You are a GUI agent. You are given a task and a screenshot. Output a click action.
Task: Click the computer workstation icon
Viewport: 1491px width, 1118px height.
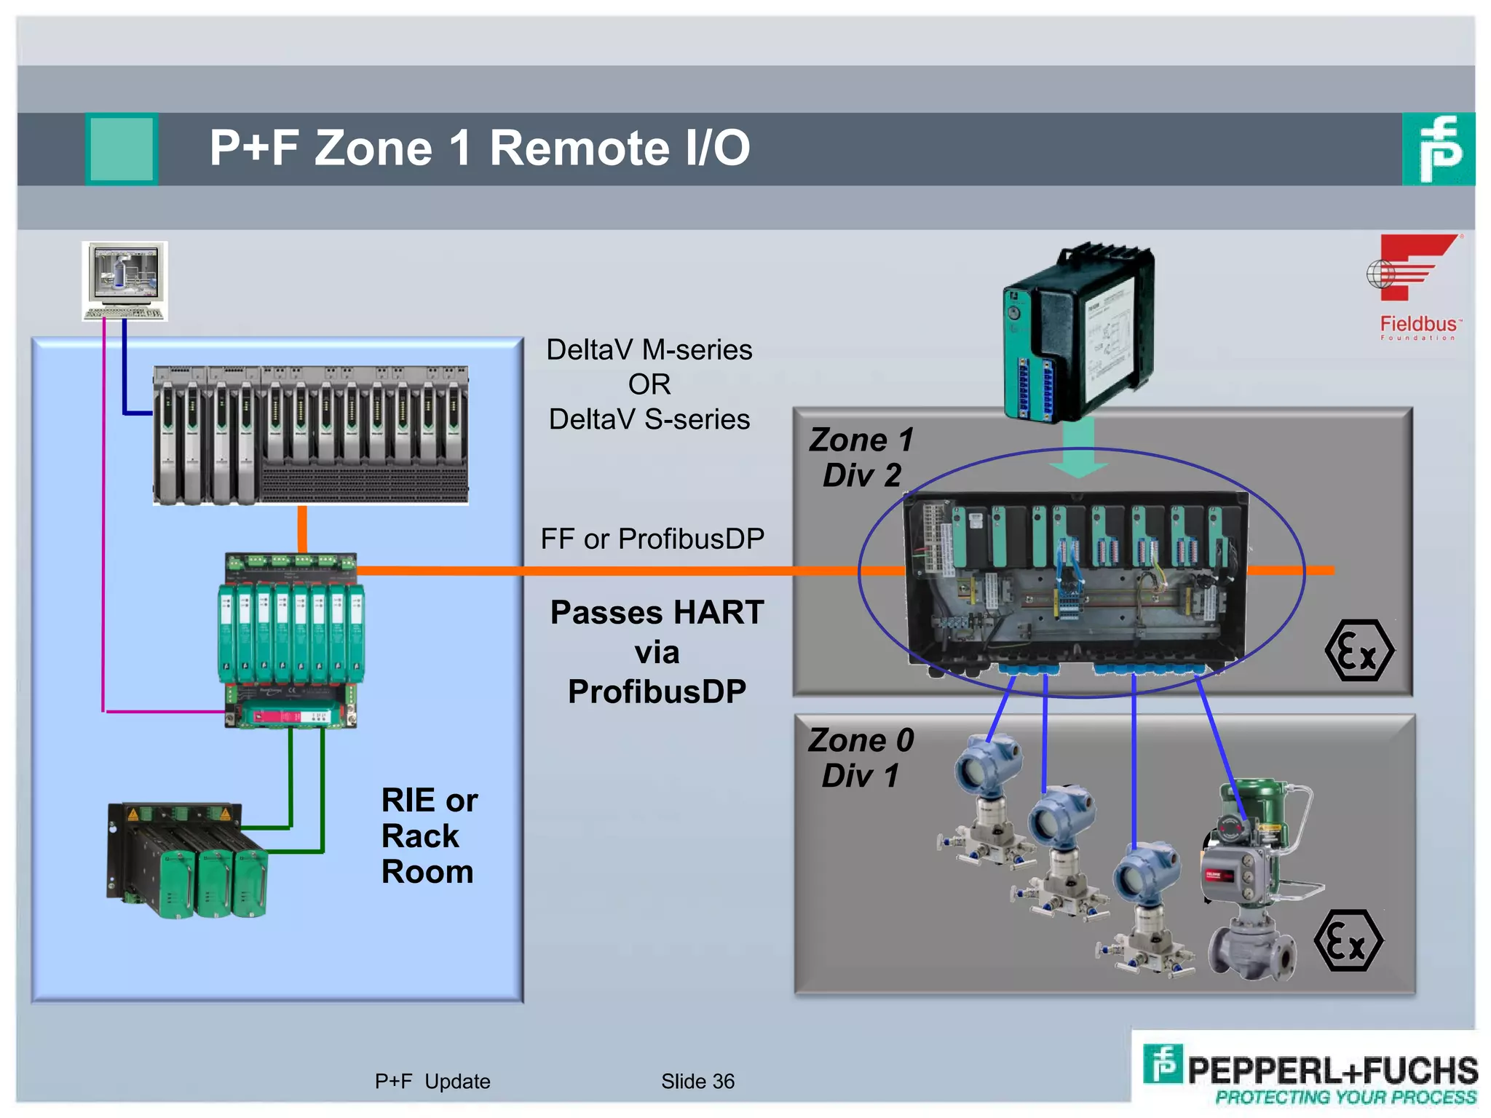pyautogui.click(x=124, y=281)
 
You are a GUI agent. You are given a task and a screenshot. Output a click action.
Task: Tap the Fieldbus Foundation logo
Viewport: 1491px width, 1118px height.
pyautogui.click(x=1416, y=287)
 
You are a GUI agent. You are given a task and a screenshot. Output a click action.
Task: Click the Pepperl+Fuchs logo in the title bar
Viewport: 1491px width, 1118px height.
pyautogui.click(x=1438, y=149)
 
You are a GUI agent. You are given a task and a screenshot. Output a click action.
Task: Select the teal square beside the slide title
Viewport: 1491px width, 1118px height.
pyautogui.click(x=122, y=148)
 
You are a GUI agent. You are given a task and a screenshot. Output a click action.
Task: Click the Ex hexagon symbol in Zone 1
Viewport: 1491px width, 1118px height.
pyautogui.click(x=1358, y=650)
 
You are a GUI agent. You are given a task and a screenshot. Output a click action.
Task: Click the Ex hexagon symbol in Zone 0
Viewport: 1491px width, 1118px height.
pyautogui.click(x=1348, y=940)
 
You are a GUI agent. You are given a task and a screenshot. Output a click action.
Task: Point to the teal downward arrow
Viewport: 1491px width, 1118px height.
pyautogui.click(x=1079, y=447)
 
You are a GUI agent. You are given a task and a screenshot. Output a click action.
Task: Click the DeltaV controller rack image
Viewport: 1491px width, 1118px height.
pyautogui.click(x=311, y=435)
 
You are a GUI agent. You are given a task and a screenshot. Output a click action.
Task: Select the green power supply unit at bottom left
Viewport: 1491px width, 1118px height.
pyautogui.click(x=188, y=859)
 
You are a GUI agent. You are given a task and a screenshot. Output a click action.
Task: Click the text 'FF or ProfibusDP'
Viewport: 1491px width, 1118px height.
pyautogui.click(x=652, y=539)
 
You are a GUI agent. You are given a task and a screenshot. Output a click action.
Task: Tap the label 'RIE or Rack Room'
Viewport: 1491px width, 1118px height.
pyautogui.click(x=428, y=836)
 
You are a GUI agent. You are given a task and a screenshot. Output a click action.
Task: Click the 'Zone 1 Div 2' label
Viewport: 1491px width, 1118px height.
pyautogui.click(x=861, y=457)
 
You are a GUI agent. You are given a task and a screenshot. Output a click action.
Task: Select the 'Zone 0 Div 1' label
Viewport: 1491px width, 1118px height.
pyautogui.click(x=861, y=757)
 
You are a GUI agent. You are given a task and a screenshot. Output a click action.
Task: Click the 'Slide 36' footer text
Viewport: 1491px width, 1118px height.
pyautogui.click(x=697, y=1081)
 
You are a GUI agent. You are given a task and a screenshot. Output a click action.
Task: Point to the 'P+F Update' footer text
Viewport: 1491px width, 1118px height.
pyautogui.click(x=432, y=1081)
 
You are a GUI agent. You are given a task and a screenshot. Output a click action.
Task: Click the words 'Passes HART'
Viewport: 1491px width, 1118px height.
pyautogui.click(x=657, y=612)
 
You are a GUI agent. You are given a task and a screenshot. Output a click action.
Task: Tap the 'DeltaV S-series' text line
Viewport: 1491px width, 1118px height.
pyautogui.click(x=649, y=419)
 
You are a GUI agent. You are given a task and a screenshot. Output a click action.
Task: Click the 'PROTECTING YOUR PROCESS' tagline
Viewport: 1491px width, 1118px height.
pyautogui.click(x=1345, y=1097)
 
